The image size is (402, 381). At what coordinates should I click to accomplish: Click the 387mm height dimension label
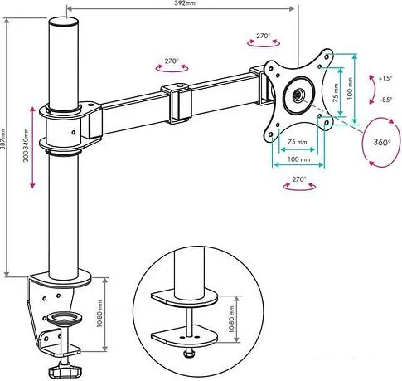tap(2, 139)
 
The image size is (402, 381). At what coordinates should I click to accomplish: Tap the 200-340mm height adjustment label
tap(26, 145)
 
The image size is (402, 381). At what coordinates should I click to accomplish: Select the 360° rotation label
tap(382, 142)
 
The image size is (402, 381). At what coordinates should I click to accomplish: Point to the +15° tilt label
tap(385, 78)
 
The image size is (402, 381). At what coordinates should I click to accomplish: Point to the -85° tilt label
tap(386, 100)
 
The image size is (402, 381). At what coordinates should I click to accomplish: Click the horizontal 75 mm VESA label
tap(298, 142)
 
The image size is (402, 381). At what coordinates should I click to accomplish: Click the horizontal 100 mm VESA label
tap(298, 159)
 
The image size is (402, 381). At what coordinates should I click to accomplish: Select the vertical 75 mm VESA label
tap(336, 93)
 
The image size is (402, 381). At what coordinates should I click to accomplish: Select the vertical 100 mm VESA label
tap(350, 89)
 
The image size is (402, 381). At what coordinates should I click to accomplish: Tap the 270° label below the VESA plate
tap(298, 179)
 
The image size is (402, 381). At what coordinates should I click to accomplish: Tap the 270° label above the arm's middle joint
tap(172, 61)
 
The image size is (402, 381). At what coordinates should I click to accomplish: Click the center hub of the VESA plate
tap(298, 95)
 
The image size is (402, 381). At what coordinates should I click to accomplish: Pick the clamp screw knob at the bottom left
tap(65, 371)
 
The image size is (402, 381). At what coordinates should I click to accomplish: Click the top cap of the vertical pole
tap(63, 22)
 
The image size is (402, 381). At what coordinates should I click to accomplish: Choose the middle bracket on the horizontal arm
tap(177, 104)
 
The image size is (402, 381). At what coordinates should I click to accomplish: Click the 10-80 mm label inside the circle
tap(231, 319)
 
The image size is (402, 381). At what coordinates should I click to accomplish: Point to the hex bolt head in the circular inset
tap(189, 353)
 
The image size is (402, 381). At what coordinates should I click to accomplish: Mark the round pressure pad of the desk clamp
tap(65, 317)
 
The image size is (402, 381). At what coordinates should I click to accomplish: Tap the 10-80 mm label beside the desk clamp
tap(99, 314)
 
